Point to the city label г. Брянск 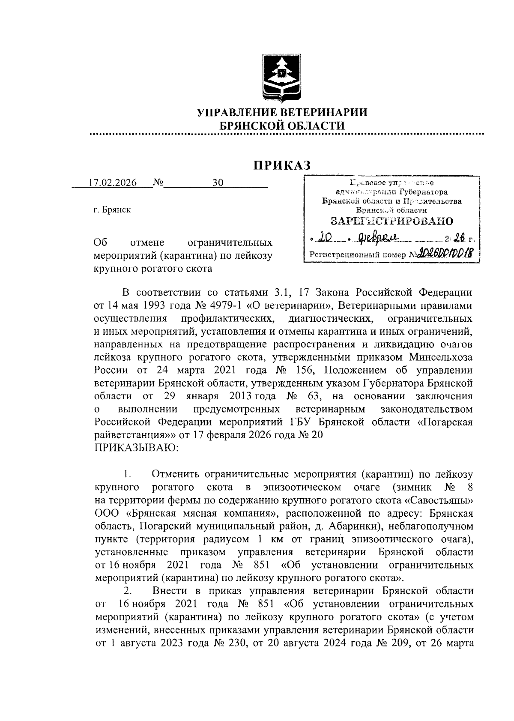(x=112, y=210)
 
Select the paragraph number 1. (x=127, y=475)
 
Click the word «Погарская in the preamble (x=445, y=422)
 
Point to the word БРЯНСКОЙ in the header (x=251, y=126)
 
